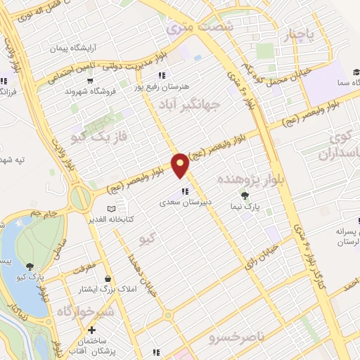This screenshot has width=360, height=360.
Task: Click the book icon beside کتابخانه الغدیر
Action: [x=110, y=209]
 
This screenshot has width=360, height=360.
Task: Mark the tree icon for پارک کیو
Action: [x=30, y=266]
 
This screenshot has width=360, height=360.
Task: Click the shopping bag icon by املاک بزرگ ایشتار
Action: [x=106, y=279]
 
